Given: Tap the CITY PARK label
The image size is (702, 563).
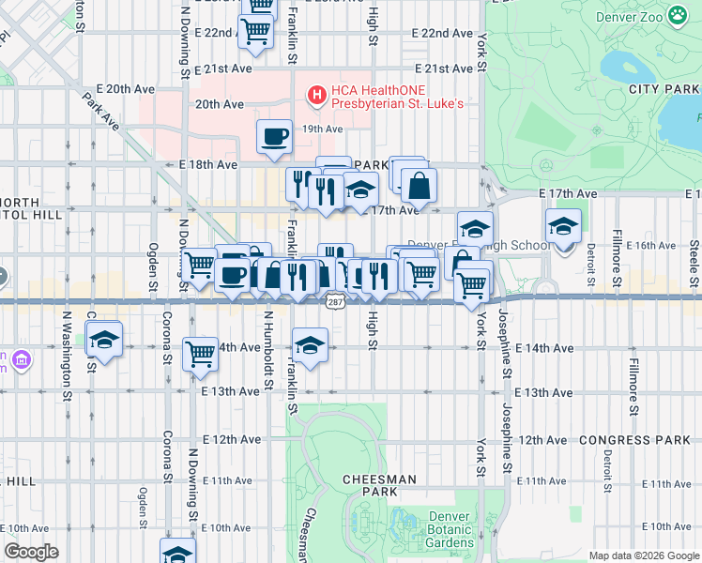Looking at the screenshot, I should coord(665,89).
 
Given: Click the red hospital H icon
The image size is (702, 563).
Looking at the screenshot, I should coord(317,95).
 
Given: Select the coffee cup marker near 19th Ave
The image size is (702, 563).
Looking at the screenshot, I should coord(274,136).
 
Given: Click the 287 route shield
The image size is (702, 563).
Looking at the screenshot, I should coord(335,301).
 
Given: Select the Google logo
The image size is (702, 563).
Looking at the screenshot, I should coord(30,552).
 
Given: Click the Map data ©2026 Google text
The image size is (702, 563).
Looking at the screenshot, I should coord(644,555).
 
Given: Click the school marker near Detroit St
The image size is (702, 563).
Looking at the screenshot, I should coord(563,226).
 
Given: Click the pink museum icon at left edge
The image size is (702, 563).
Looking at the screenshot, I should coord(20,359).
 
